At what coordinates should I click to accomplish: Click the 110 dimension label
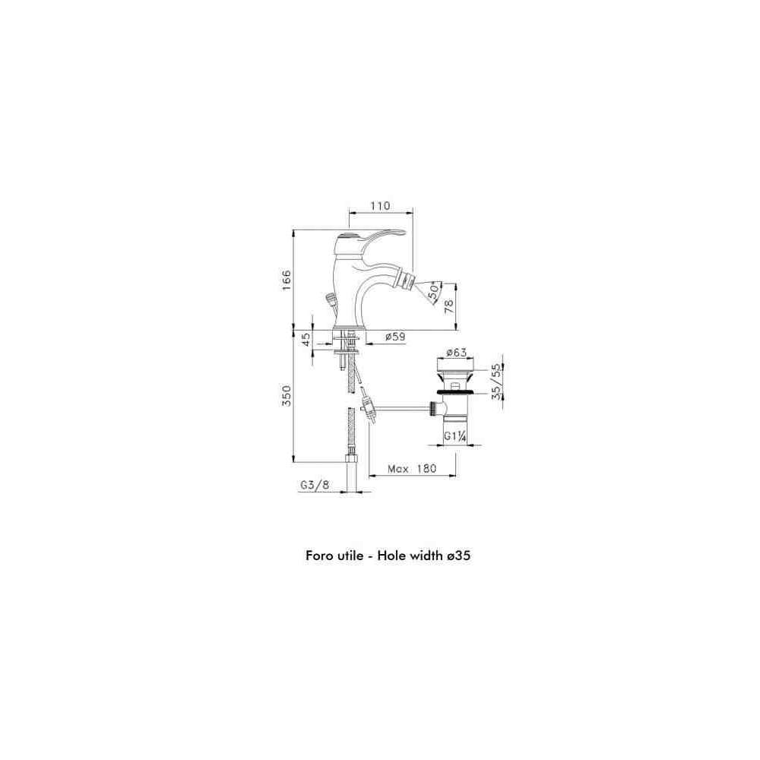click(x=381, y=206)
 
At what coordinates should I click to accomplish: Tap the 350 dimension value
click(x=287, y=395)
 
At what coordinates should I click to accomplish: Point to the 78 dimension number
click(x=449, y=306)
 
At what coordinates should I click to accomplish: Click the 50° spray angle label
click(x=434, y=290)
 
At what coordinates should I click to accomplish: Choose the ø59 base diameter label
click(x=395, y=337)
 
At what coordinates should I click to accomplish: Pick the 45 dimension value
click(x=306, y=339)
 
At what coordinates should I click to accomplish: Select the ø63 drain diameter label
click(x=457, y=352)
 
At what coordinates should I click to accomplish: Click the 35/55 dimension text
click(x=496, y=382)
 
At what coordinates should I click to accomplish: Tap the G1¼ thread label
click(x=455, y=435)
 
